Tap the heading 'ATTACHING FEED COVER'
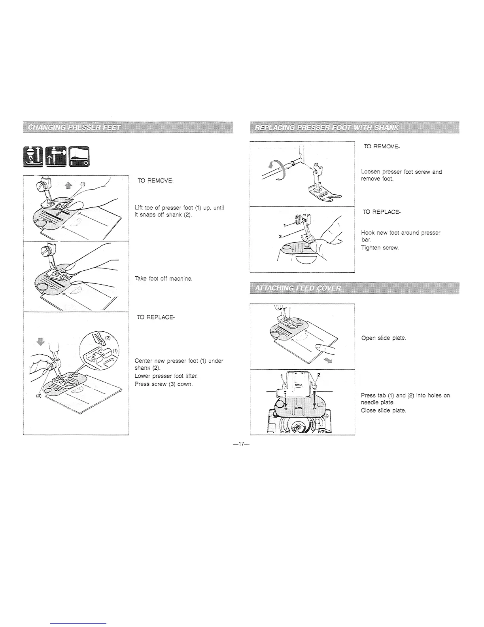coord(298,288)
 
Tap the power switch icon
coord(79,156)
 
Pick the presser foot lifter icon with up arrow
coord(57,156)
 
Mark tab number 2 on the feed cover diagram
coord(318,375)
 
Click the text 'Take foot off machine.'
coord(164,279)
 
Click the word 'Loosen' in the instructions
coord(370,172)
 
